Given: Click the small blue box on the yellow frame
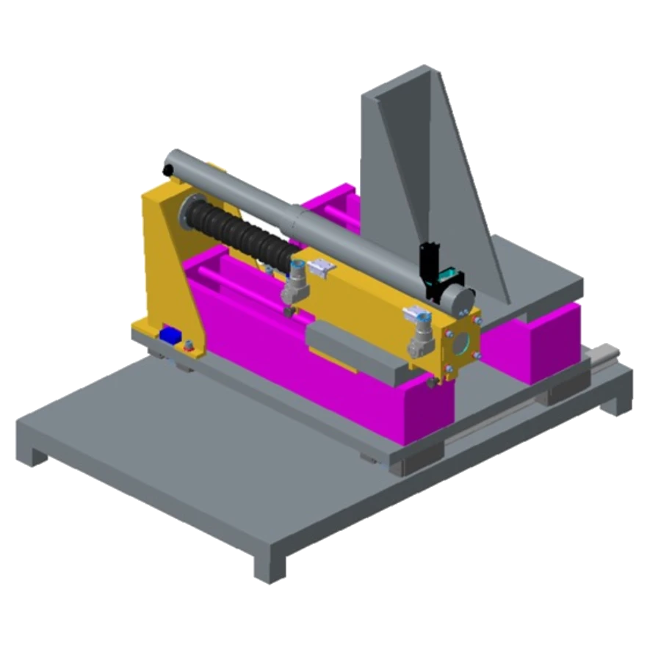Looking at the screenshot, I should [170, 335].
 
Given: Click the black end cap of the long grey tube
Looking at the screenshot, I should [168, 168].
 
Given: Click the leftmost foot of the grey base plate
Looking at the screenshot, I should [31, 452].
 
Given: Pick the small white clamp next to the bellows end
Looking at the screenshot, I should [318, 270].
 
